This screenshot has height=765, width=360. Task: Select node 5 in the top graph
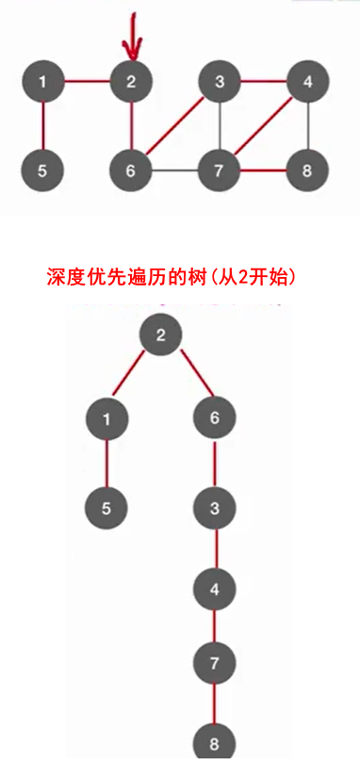click(x=43, y=171)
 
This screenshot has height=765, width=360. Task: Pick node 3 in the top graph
click(x=220, y=82)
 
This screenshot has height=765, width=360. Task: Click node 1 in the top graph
click(x=43, y=82)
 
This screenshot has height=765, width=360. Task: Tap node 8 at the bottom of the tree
click(x=215, y=741)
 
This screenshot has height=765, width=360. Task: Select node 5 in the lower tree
click(x=106, y=509)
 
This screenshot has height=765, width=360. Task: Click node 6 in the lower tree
click(x=215, y=417)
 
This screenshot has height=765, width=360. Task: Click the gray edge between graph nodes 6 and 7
click(x=175, y=171)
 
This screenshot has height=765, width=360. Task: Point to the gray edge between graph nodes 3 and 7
click(x=220, y=127)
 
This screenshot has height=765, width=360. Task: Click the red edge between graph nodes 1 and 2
click(x=87, y=82)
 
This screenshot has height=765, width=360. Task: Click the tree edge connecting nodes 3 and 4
click(x=215, y=550)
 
